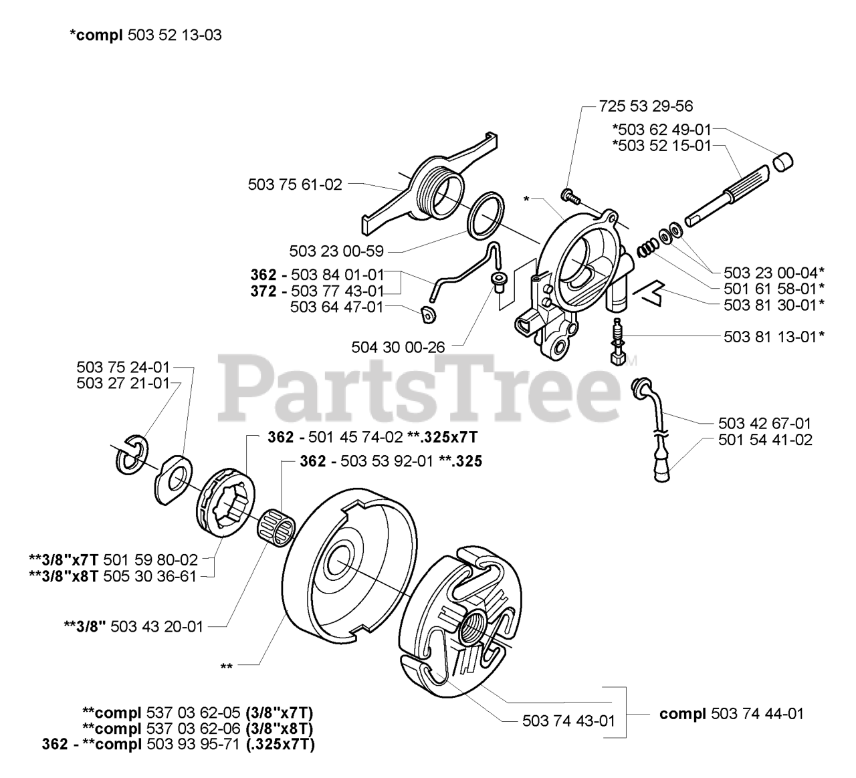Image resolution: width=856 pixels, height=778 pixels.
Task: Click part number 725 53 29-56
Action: click(646, 106)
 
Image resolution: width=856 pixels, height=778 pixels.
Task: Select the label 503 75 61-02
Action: click(295, 184)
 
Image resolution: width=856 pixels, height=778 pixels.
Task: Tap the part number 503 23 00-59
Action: click(336, 251)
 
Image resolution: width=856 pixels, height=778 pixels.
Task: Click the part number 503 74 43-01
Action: click(568, 721)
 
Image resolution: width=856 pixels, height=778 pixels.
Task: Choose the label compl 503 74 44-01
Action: click(732, 713)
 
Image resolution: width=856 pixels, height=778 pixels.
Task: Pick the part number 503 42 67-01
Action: click(765, 423)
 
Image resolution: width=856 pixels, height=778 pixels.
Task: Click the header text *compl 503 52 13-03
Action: click(145, 35)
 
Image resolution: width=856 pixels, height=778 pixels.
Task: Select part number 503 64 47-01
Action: click(337, 307)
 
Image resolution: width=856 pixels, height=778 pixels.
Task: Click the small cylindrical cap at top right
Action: click(783, 162)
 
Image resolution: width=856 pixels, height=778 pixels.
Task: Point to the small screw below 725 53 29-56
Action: click(569, 195)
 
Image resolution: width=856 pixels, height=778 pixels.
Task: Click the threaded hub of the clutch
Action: click(475, 628)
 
